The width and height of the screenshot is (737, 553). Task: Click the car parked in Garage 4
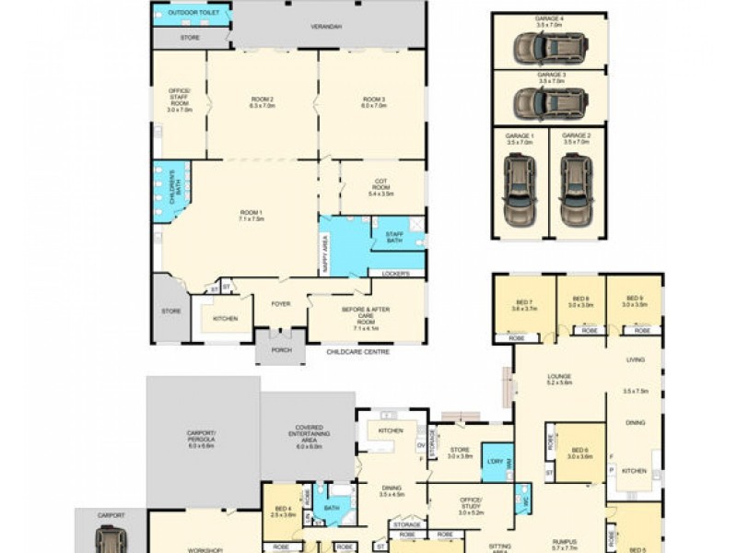[x=549, y=45]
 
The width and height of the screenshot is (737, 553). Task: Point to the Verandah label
[x=327, y=27]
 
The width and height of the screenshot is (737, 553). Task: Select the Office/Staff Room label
[x=179, y=98]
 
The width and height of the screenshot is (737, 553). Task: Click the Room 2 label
[x=263, y=101]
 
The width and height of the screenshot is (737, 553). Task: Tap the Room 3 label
[x=373, y=101]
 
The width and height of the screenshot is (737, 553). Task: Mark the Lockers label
[x=396, y=274]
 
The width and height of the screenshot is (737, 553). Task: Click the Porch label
[x=280, y=350]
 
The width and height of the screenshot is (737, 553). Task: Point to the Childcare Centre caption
[x=358, y=352]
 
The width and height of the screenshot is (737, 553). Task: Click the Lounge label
[x=559, y=378]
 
